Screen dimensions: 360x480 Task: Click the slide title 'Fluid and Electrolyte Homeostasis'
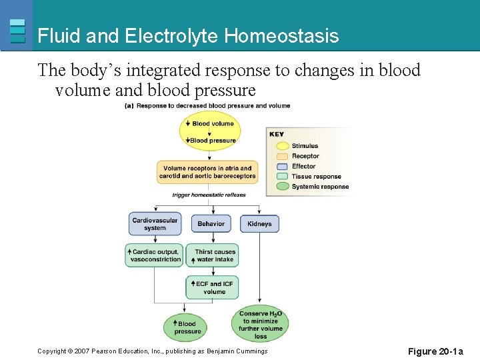[x=188, y=36]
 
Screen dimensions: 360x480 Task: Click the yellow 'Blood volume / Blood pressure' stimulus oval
[x=210, y=131]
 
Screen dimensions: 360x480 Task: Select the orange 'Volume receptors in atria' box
[x=207, y=173]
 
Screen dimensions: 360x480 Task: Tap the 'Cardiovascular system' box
[x=155, y=224]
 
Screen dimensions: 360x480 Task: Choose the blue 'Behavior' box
[x=211, y=224]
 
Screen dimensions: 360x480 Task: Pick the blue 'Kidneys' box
[x=259, y=224]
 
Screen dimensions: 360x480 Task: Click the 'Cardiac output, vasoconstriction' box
[x=154, y=255]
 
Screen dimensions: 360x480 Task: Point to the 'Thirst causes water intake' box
[x=211, y=255]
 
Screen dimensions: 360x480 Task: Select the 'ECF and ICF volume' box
[x=212, y=287]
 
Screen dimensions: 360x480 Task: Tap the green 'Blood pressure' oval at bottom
[x=185, y=327]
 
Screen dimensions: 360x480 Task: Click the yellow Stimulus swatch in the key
[x=280, y=145]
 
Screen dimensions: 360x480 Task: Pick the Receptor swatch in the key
[x=280, y=156]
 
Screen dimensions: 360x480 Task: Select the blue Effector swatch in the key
[x=280, y=166]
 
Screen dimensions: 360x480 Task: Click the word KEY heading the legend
[x=277, y=134]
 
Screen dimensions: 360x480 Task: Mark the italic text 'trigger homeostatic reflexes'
[x=209, y=195]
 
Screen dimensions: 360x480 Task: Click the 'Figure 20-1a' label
[x=435, y=351]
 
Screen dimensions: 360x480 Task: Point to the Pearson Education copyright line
[x=152, y=351]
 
